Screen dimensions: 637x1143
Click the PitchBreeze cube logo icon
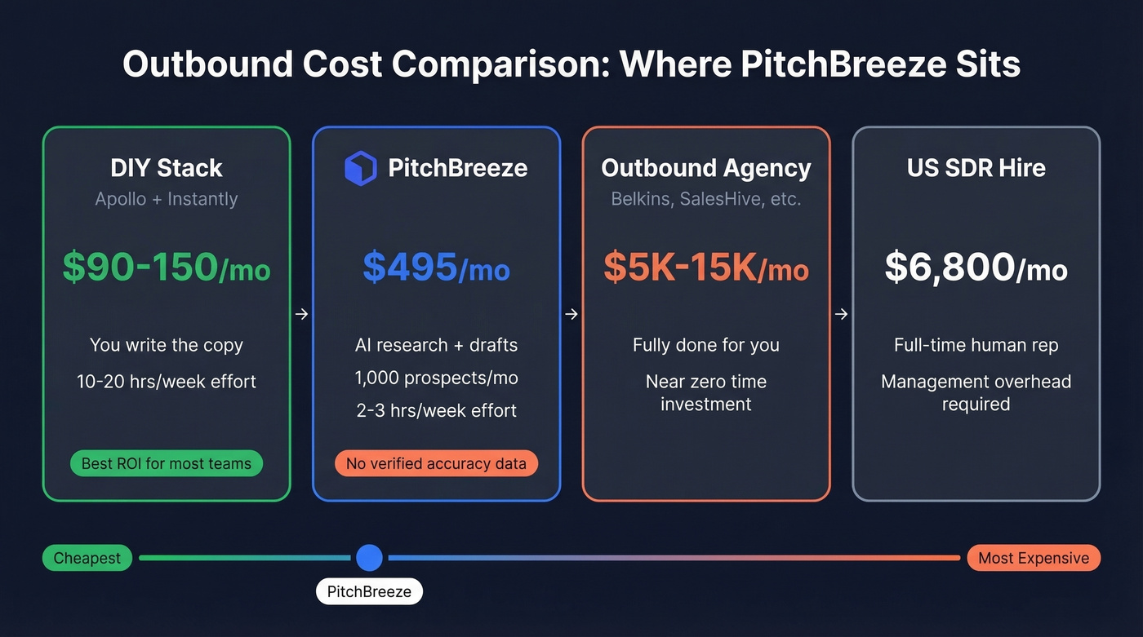point(360,168)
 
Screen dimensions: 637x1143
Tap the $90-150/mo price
point(167,268)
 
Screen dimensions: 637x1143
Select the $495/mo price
point(436,268)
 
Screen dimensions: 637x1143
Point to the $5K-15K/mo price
point(706,268)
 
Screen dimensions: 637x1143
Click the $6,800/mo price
point(976,268)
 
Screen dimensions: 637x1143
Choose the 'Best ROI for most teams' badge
point(167,463)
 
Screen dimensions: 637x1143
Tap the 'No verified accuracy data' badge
point(436,463)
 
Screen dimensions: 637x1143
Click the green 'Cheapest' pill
point(87,558)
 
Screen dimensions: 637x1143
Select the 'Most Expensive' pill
point(1034,558)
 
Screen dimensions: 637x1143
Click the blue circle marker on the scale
point(369,558)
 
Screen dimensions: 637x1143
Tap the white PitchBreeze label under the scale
point(369,591)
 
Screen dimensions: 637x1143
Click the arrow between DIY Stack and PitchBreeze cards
point(301,314)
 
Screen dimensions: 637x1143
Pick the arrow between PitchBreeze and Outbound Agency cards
point(571,314)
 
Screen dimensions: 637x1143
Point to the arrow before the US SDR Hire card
point(841,314)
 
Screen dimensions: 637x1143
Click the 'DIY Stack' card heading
point(167,168)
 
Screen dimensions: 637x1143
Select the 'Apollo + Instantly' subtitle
point(167,199)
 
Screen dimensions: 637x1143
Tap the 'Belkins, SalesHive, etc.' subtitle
point(706,199)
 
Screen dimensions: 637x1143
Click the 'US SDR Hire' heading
point(976,168)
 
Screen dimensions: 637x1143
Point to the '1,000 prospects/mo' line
point(436,378)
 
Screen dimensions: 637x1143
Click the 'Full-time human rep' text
point(976,345)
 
